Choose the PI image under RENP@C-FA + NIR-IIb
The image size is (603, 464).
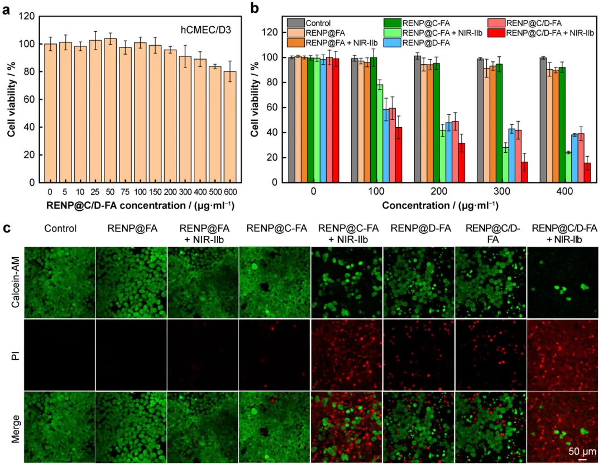[346, 355]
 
